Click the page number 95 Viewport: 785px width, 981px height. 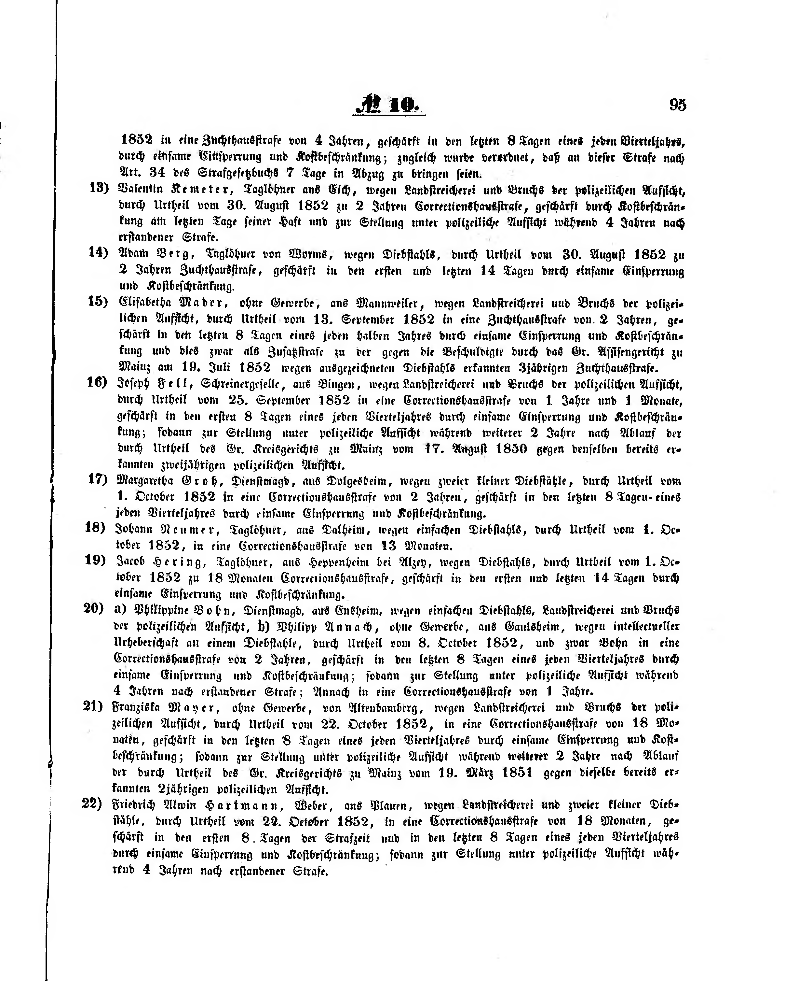coord(677,105)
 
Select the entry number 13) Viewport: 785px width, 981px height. coord(99,188)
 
